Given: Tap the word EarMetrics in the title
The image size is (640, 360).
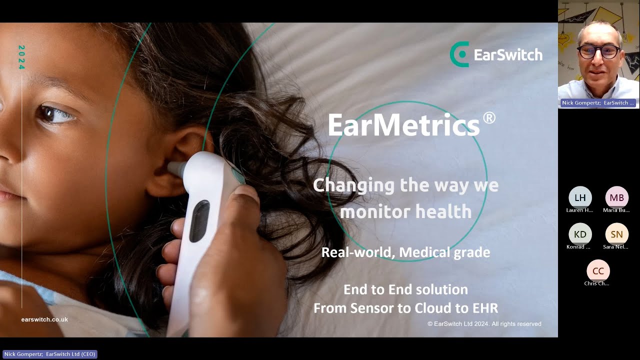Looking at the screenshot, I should [403, 125].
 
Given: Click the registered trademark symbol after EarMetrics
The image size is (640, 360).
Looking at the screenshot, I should [489, 118].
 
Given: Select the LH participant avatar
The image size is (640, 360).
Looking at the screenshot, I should [580, 197].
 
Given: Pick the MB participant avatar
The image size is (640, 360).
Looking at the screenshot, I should [616, 197].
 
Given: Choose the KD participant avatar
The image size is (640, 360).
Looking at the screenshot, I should [580, 234].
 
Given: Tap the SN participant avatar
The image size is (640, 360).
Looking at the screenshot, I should [616, 234].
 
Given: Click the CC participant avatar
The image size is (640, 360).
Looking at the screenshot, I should [598, 271].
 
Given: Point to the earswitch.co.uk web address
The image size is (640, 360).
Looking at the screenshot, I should [44, 319].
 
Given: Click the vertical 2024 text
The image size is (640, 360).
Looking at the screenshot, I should [21, 57].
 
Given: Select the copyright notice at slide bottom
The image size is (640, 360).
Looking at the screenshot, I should [484, 324].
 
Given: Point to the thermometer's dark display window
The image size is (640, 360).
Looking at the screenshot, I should [199, 220].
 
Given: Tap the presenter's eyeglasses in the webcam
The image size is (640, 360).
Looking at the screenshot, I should [598, 51].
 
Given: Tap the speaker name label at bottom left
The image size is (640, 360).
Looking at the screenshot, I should [50, 354].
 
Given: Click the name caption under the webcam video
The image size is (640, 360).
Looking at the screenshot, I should [598, 103].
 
